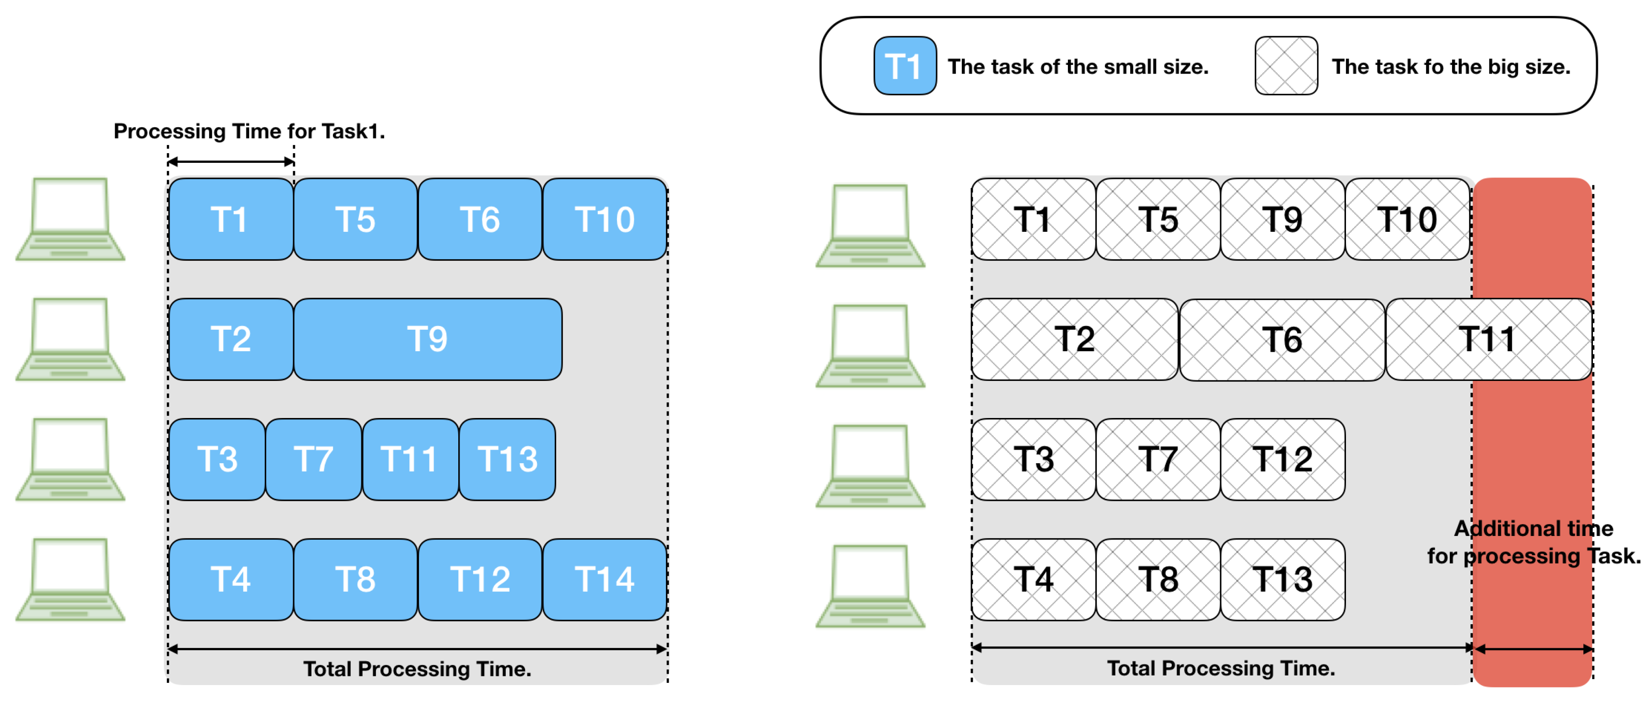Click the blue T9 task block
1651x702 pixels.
(x=428, y=339)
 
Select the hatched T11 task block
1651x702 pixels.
(x=1488, y=339)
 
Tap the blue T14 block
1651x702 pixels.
(x=605, y=579)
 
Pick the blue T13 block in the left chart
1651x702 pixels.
(x=507, y=460)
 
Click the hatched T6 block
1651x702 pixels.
(x=1282, y=340)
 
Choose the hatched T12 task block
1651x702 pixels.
(x=1282, y=460)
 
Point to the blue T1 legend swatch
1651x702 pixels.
(x=904, y=66)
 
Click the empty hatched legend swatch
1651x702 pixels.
(x=1286, y=66)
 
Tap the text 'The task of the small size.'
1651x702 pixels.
(x=1078, y=67)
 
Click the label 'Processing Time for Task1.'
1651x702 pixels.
(x=249, y=131)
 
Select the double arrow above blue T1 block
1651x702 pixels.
(x=231, y=161)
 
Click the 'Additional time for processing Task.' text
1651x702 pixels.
(x=1533, y=542)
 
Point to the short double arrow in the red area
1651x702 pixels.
(x=1533, y=649)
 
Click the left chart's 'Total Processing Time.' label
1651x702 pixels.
(x=417, y=669)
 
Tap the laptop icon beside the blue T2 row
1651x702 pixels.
(x=70, y=339)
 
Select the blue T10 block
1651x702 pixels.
(x=605, y=219)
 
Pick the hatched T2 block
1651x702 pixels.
(x=1074, y=339)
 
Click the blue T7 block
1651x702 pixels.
(x=313, y=460)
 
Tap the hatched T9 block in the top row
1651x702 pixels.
(x=1282, y=219)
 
